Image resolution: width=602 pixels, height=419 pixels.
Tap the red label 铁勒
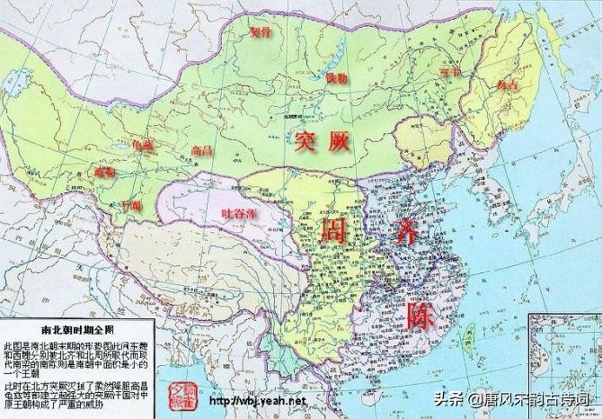click(x=336, y=79)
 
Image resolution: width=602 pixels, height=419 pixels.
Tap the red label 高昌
click(x=202, y=151)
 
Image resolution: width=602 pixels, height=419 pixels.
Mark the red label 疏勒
click(x=103, y=171)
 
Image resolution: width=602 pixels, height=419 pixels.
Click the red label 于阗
click(x=132, y=206)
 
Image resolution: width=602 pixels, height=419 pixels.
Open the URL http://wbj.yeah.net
click(x=259, y=400)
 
